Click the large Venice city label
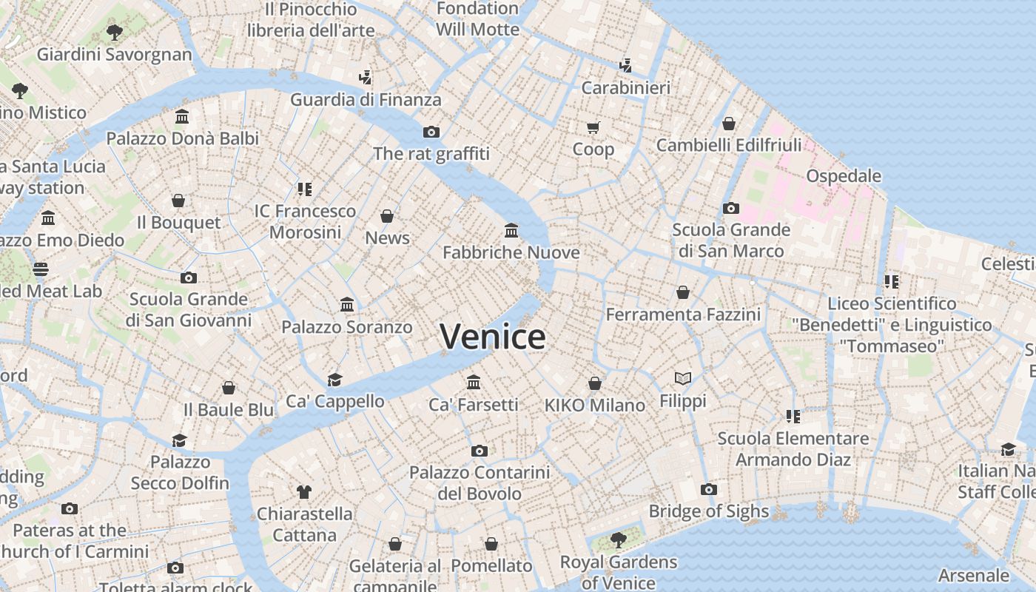click(x=493, y=337)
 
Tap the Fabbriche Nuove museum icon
click(x=511, y=230)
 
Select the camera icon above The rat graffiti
click(x=431, y=132)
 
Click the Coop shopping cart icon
click(x=593, y=127)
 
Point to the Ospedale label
click(x=844, y=176)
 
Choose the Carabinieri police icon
click(x=626, y=65)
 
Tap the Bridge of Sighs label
click(x=709, y=511)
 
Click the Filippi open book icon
click(x=683, y=379)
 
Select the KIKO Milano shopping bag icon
click(x=594, y=383)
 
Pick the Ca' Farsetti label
click(x=474, y=405)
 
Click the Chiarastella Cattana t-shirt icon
click(x=304, y=491)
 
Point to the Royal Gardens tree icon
click(x=619, y=540)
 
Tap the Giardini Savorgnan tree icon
click(x=114, y=32)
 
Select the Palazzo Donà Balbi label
click(x=183, y=138)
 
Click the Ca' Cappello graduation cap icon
click(x=334, y=380)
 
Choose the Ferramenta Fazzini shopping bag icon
click(x=683, y=292)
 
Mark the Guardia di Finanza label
click(x=366, y=100)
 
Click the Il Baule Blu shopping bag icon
click(x=229, y=388)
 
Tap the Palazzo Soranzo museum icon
click(x=346, y=304)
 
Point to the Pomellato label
click(x=491, y=566)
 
